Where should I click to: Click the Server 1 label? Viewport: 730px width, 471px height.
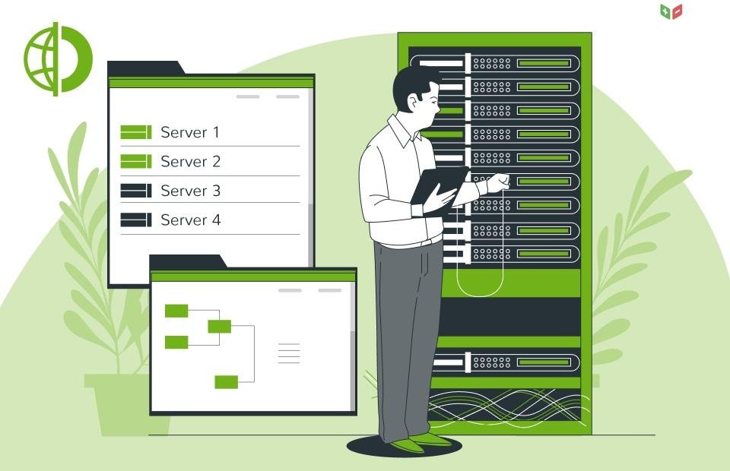point(190,132)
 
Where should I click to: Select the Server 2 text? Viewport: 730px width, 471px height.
point(190,161)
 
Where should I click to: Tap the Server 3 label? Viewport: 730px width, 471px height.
point(190,191)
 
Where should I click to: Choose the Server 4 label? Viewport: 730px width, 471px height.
point(190,220)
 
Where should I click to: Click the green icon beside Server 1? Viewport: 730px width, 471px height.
point(136,132)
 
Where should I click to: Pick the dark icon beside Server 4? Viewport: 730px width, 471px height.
point(136,220)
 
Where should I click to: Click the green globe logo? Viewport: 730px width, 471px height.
point(59,59)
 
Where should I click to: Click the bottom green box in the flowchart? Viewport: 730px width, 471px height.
point(227,382)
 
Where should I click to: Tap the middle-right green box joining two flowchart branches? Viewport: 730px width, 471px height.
point(219,327)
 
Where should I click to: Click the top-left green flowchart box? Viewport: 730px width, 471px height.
point(176,311)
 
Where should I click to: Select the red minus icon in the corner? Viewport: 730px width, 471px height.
point(677,11)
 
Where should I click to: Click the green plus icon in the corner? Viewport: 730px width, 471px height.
point(665,11)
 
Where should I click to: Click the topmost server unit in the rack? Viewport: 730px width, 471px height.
point(494,63)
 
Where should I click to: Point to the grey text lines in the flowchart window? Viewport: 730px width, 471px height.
point(289,353)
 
